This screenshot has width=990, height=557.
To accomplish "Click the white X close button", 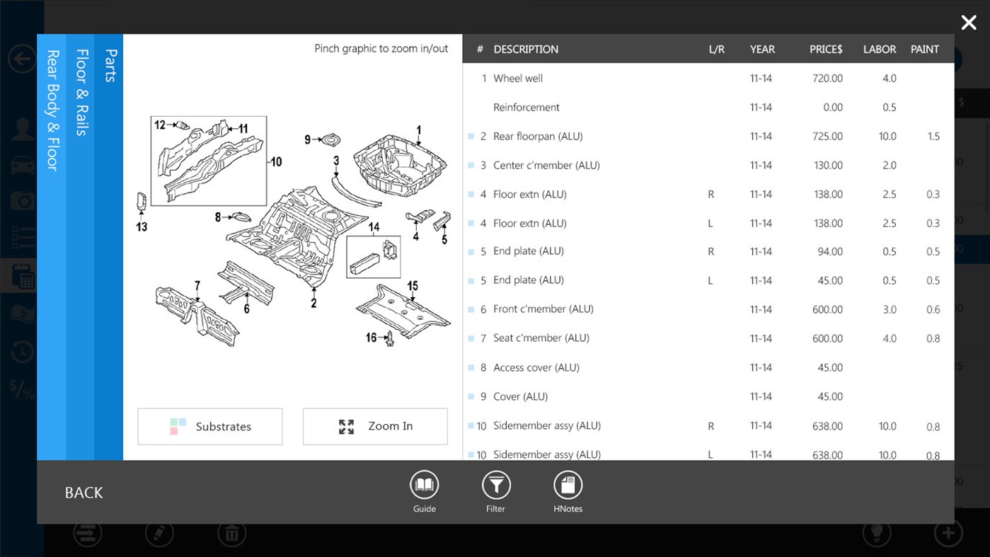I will click(969, 23).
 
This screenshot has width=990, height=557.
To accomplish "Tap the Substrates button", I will click(210, 426).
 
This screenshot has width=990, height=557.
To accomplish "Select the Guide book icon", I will click(424, 486).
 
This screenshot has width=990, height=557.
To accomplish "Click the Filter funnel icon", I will click(496, 486).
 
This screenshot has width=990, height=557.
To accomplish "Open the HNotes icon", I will click(568, 486).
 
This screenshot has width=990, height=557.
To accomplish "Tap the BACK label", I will click(84, 493).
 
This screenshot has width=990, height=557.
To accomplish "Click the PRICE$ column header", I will click(826, 50).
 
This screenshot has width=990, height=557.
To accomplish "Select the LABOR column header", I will click(879, 50).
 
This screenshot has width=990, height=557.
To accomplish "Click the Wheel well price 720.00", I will click(827, 79).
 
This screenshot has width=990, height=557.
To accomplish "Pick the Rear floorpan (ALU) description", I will click(538, 137).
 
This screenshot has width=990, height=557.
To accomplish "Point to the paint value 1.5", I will click(933, 137).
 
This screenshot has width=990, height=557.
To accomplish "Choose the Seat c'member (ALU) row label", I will click(541, 338).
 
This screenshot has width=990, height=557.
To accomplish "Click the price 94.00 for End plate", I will click(830, 252).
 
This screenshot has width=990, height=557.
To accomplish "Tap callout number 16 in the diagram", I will click(371, 338).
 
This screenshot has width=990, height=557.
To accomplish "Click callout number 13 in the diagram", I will click(142, 226).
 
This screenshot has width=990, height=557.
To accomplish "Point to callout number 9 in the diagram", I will click(308, 139).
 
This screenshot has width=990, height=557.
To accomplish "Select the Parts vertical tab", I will click(110, 66).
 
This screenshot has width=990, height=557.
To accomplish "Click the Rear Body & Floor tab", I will click(52, 110).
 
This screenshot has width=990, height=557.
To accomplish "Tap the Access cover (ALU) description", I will click(536, 368).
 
